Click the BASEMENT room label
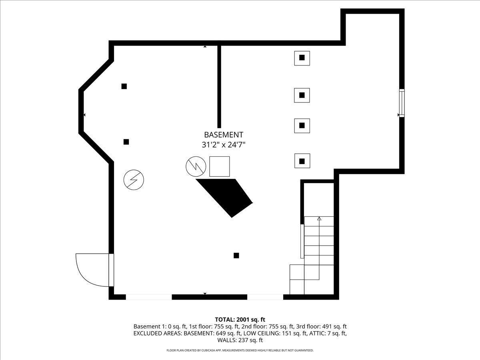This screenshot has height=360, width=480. (x=224, y=135)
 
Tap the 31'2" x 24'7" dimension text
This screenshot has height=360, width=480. (x=224, y=145)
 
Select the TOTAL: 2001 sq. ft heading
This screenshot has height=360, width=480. (x=240, y=320)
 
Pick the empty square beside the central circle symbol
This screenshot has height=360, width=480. (x=220, y=166)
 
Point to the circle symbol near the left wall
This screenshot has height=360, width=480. (x=134, y=180)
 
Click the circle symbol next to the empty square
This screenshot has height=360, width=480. (x=196, y=166)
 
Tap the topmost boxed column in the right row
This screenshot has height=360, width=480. (x=302, y=58)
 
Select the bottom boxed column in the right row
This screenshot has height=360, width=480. (x=302, y=161)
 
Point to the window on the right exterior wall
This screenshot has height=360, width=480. (x=402, y=103)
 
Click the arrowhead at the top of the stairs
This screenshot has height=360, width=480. (x=319, y=218)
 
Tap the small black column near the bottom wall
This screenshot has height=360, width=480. (x=236, y=256)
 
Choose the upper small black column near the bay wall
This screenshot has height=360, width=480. (x=124, y=86)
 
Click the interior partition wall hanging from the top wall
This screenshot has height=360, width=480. (x=219, y=86)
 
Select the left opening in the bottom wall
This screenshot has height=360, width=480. (x=149, y=297)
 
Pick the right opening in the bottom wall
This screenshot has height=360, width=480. (x=265, y=297)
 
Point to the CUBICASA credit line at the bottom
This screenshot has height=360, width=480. (x=240, y=350)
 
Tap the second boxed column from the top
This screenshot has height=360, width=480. (x=302, y=95)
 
